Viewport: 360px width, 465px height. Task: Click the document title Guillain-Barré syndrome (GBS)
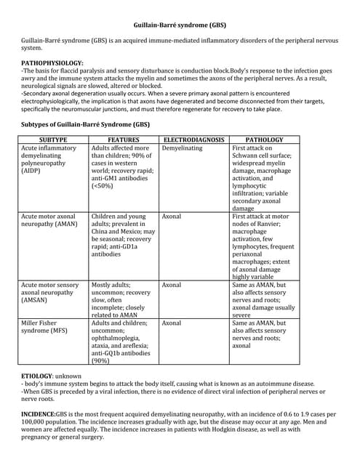180,25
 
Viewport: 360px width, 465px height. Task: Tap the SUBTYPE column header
53,139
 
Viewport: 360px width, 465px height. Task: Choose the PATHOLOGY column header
264,139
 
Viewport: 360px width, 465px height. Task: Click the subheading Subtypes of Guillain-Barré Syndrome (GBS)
85,125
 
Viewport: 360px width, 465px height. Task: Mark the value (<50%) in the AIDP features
104,186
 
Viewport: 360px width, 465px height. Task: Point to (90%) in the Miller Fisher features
103,360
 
